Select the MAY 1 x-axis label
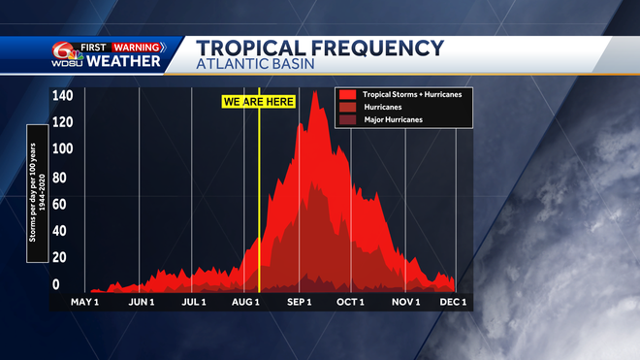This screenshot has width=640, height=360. tap(86, 303)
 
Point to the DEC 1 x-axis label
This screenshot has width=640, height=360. tap(453, 303)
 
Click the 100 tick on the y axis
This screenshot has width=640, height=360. tap(62, 148)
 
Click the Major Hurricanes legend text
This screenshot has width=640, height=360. tap(393, 119)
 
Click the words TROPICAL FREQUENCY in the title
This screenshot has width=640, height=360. tap(320, 49)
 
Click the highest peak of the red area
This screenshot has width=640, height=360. tap(315, 92)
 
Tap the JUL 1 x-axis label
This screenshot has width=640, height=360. tap(194, 303)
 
